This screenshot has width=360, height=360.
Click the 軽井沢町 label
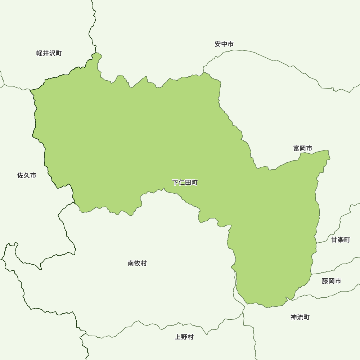tap(49, 53)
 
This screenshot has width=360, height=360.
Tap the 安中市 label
tap(224, 44)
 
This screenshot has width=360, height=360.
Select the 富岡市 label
tap(302, 148)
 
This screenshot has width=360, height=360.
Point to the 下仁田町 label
tap(185, 183)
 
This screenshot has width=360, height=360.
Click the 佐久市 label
tap(27, 176)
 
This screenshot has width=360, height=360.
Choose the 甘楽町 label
tap(341, 240)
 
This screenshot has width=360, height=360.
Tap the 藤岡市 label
tap(331, 281)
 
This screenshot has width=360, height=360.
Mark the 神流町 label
tap(300, 317)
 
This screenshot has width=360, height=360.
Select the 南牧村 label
tap(137, 263)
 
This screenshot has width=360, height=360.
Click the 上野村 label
tap(184, 337)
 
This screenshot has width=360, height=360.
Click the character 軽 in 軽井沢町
tap(40, 53)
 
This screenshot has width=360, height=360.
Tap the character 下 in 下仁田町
tap(175, 183)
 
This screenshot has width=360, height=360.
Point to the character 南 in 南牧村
tap(131, 263)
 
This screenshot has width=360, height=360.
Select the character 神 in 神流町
tap(294, 317)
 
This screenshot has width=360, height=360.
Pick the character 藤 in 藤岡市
tap(325, 281)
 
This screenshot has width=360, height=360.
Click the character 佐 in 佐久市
tap(21, 176)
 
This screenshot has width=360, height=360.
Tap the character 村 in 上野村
tap(190, 337)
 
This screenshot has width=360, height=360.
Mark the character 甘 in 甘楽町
tap(334, 240)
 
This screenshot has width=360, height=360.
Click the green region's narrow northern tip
tap(97, 56)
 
